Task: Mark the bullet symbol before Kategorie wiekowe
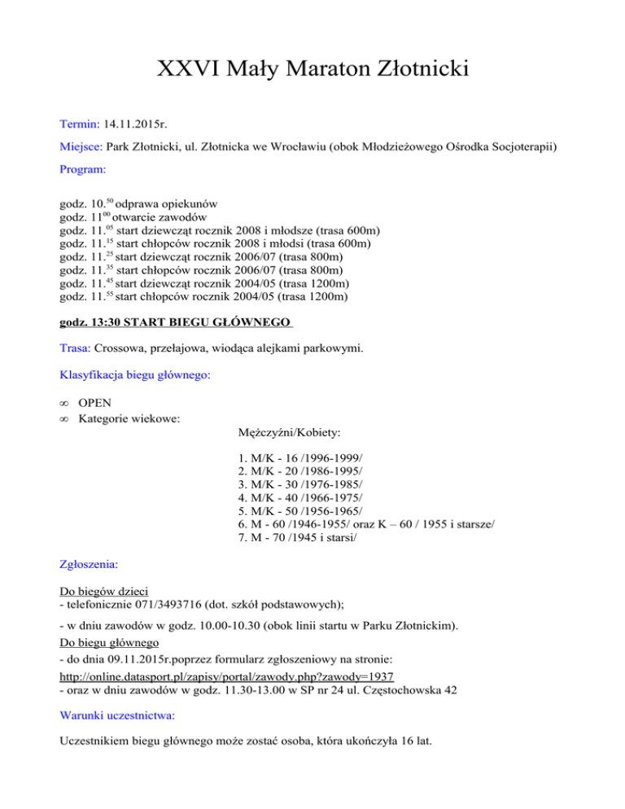[66, 419]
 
